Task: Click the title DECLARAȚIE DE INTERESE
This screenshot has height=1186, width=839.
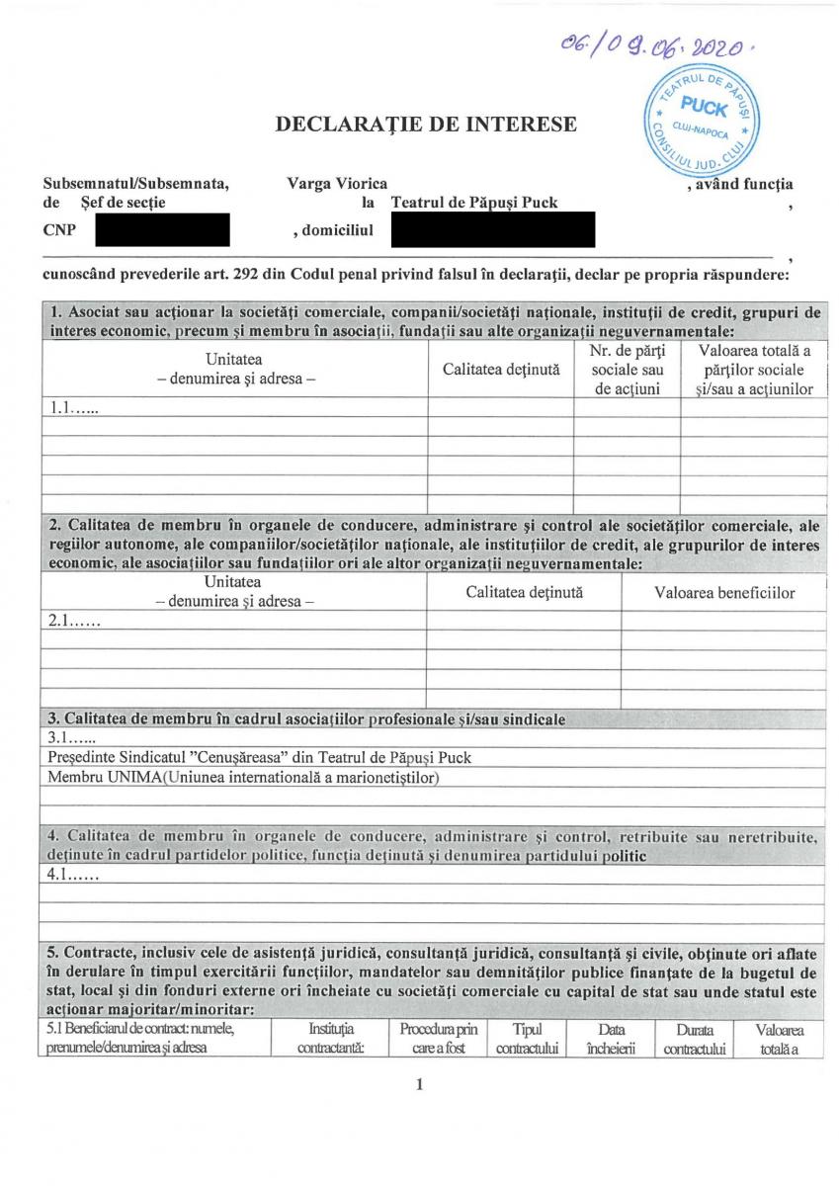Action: tap(426, 125)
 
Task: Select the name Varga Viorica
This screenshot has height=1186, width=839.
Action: tap(337, 183)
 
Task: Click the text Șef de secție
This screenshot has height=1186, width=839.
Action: tap(110, 203)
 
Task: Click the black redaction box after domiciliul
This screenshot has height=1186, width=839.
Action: tap(492, 230)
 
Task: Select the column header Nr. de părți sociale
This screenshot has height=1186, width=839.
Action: tap(627, 370)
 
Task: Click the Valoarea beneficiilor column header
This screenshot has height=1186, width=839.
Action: tap(724, 593)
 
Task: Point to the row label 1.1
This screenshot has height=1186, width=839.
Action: tap(74, 406)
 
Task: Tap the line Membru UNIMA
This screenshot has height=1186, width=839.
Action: tap(243, 777)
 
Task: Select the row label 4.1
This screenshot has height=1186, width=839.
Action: tap(74, 874)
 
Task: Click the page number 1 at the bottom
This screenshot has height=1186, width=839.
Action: tap(420, 1084)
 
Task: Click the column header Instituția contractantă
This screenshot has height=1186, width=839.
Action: tap(331, 1039)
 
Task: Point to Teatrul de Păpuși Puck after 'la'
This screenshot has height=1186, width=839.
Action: tap(474, 203)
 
